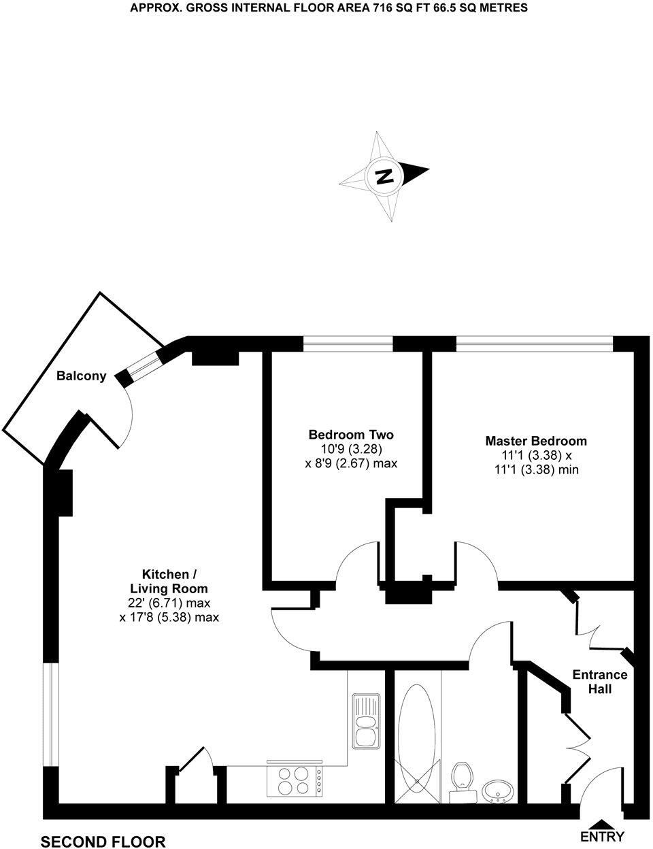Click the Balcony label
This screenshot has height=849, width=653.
[x=81, y=376]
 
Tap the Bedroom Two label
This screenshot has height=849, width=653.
[x=351, y=435]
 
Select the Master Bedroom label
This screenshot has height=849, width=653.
[x=536, y=441]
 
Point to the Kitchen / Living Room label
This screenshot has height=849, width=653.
[x=169, y=581]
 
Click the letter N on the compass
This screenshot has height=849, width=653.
[x=384, y=177]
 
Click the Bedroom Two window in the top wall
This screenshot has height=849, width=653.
[x=348, y=344]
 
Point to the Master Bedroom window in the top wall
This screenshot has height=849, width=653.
[x=535, y=344]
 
